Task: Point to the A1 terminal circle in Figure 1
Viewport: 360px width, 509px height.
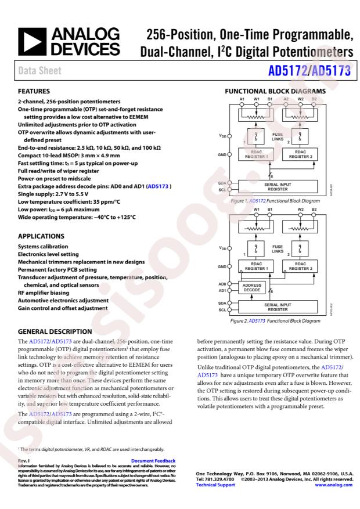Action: tap(242, 104)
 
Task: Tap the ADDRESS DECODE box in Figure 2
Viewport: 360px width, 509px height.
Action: tap(251, 288)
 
